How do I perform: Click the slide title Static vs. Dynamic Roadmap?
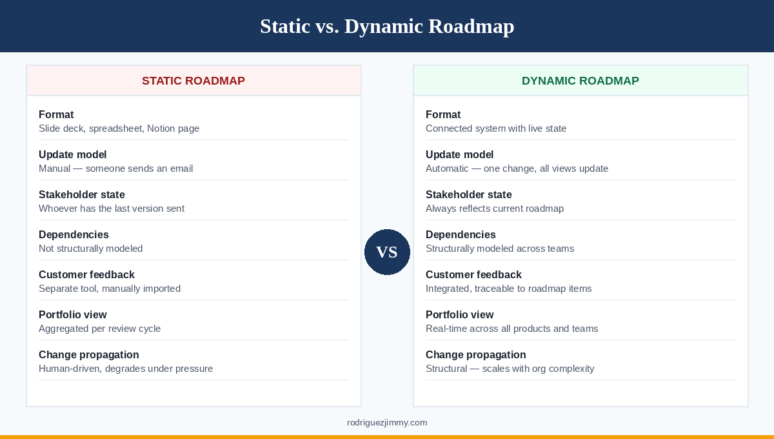pyautogui.click(x=387, y=26)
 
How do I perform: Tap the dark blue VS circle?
pyautogui.click(x=387, y=252)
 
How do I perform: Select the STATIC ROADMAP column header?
pyautogui.click(x=193, y=81)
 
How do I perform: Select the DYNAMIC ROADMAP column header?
pyautogui.click(x=580, y=81)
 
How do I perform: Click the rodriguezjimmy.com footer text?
pyautogui.click(x=387, y=423)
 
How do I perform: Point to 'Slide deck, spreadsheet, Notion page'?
pyautogui.click(x=119, y=128)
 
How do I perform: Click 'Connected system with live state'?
pyautogui.click(x=495, y=128)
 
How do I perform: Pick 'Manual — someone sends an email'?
pyautogui.click(x=115, y=168)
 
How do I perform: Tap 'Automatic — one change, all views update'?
pyautogui.click(x=517, y=168)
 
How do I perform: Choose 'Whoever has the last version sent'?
pyautogui.click(x=112, y=209)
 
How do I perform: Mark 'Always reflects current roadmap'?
pyautogui.click(x=495, y=209)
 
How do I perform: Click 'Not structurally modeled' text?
pyautogui.click(x=90, y=249)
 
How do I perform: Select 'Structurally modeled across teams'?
pyautogui.click(x=499, y=249)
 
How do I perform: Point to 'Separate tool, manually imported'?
pyautogui.click(x=110, y=289)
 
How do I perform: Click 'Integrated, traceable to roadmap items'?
pyautogui.click(x=508, y=289)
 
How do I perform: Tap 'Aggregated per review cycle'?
pyautogui.click(x=99, y=329)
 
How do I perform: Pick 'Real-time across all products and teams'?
pyautogui.click(x=511, y=329)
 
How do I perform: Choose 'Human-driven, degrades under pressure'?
pyautogui.click(x=126, y=369)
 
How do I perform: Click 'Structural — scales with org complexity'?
pyautogui.click(x=510, y=369)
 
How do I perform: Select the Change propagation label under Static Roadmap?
pyautogui.click(x=89, y=354)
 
